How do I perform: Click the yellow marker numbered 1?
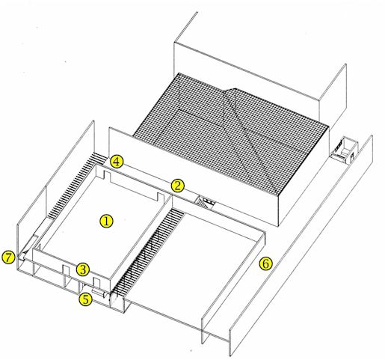click(x=106, y=222)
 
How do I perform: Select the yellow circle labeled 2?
click(x=177, y=186)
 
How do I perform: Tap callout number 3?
click(x=83, y=269)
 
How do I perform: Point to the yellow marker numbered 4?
click(x=117, y=162)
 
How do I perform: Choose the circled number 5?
click(x=85, y=299)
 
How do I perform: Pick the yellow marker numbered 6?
click(x=265, y=264)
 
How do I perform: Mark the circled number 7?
click(x=8, y=257)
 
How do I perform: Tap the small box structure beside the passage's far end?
click(x=344, y=151)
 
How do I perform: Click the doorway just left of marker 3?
click(x=66, y=271)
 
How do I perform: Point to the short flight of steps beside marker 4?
click(x=101, y=157)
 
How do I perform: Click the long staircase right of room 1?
click(x=148, y=252)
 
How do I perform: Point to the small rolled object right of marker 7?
click(x=23, y=256)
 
